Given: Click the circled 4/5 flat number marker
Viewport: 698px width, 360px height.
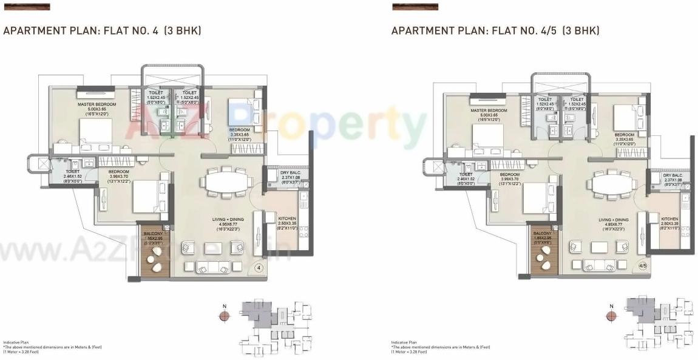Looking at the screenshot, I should click(643, 266).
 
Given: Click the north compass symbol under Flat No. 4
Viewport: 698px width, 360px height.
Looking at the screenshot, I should click(225, 315).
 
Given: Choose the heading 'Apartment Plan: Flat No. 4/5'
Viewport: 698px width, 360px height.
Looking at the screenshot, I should click(495, 30).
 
